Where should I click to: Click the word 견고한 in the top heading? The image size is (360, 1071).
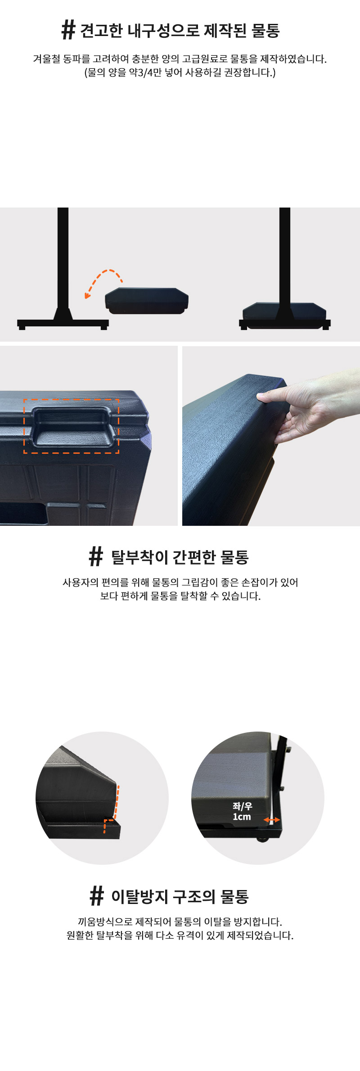102,31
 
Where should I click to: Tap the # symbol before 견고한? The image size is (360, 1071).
68,30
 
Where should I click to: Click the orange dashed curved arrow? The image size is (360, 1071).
103,282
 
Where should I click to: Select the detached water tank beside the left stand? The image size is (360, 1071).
147,300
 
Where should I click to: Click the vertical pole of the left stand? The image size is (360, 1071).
63,259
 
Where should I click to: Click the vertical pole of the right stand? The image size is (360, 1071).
284,257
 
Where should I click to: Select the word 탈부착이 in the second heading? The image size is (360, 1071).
139,557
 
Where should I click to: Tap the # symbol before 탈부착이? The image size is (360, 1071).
96,556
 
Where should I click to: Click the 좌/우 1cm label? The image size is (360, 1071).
242,811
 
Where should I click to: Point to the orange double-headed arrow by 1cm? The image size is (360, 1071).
271,820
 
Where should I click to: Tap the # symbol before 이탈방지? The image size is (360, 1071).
96,896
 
